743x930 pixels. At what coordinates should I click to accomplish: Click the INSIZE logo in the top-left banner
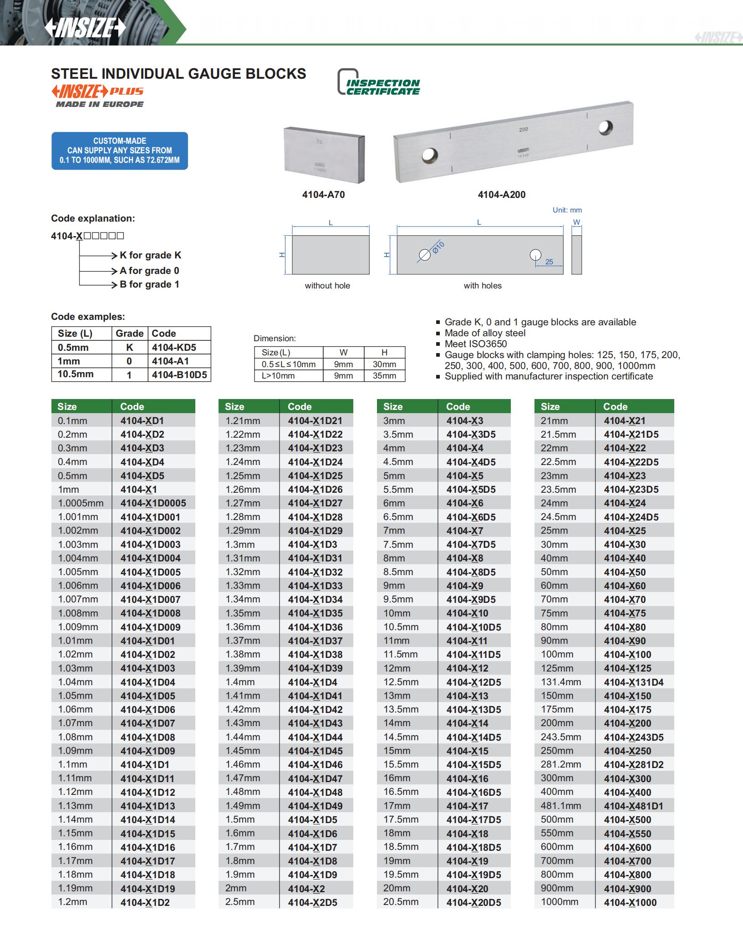(85, 28)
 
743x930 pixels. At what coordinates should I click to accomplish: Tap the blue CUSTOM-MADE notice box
(119, 151)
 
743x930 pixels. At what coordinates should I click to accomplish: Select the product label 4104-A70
(323, 195)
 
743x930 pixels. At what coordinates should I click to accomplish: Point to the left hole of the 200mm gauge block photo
(430, 156)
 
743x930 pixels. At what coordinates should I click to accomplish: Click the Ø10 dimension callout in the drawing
(438, 248)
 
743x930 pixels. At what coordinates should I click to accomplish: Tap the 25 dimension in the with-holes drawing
(549, 262)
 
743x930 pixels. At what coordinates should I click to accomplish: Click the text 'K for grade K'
(150, 255)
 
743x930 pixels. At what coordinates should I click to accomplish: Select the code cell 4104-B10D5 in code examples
(179, 375)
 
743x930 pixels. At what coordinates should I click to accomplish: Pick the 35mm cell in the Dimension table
(384, 376)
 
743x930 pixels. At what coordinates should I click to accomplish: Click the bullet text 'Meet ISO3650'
(476, 344)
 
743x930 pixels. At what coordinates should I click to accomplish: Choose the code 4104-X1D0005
(153, 503)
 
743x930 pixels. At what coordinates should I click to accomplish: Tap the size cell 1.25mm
(243, 476)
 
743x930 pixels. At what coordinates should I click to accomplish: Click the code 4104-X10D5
(473, 627)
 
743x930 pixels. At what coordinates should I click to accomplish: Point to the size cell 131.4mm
(561, 682)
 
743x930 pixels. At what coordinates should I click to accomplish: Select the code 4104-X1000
(630, 902)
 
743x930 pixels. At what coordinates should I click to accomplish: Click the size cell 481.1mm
(561, 806)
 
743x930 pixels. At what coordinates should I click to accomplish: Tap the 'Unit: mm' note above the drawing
(567, 210)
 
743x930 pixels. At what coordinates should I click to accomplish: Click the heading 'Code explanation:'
(93, 218)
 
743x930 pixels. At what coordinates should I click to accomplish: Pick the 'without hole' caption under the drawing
(327, 286)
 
